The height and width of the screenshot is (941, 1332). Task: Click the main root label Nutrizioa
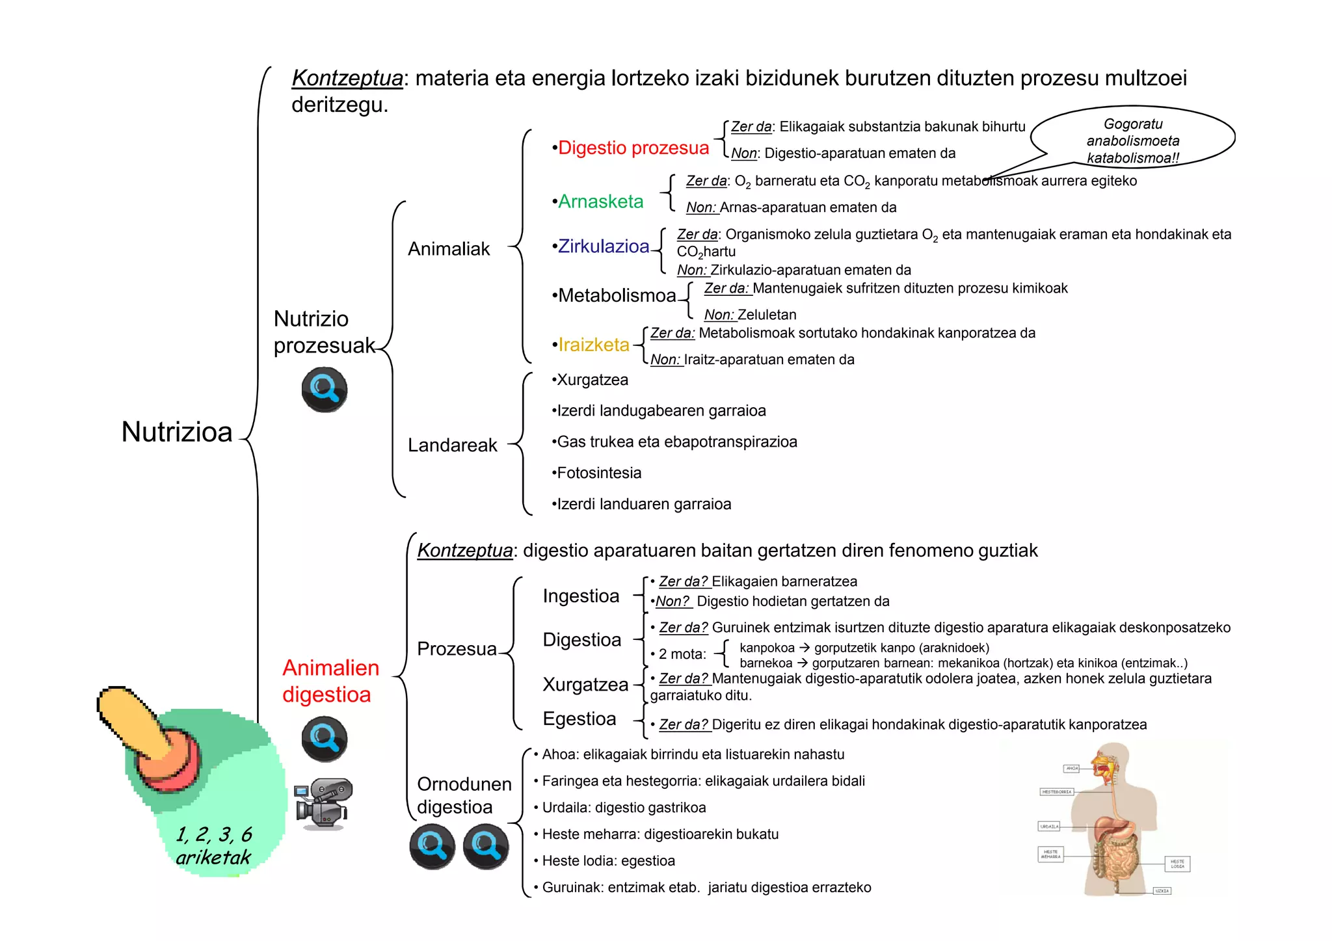tap(176, 432)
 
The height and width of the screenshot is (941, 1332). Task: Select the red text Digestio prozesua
tap(633, 148)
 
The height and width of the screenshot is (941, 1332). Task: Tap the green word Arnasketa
tap(600, 202)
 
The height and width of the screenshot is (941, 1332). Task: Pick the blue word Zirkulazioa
tap(603, 246)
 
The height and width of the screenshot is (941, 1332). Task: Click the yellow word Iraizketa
tap(593, 345)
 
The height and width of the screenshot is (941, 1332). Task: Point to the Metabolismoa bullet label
tap(616, 296)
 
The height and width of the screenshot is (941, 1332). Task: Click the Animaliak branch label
tap(449, 249)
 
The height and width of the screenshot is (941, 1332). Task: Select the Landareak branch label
tap(452, 445)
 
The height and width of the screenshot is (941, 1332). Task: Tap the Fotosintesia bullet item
tap(598, 473)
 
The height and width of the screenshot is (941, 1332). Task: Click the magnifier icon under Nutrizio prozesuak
tap(324, 390)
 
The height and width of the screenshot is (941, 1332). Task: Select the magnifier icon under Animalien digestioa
tap(324, 739)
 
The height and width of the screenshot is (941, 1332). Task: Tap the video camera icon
tap(323, 804)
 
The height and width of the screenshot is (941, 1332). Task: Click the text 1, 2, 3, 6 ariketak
tap(213, 845)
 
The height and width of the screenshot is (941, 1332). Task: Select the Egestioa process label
tap(579, 719)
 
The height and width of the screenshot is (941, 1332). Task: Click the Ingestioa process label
tap(580, 596)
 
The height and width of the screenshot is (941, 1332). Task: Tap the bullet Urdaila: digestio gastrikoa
tap(623, 808)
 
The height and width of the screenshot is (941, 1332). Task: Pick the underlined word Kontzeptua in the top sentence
tap(347, 78)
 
